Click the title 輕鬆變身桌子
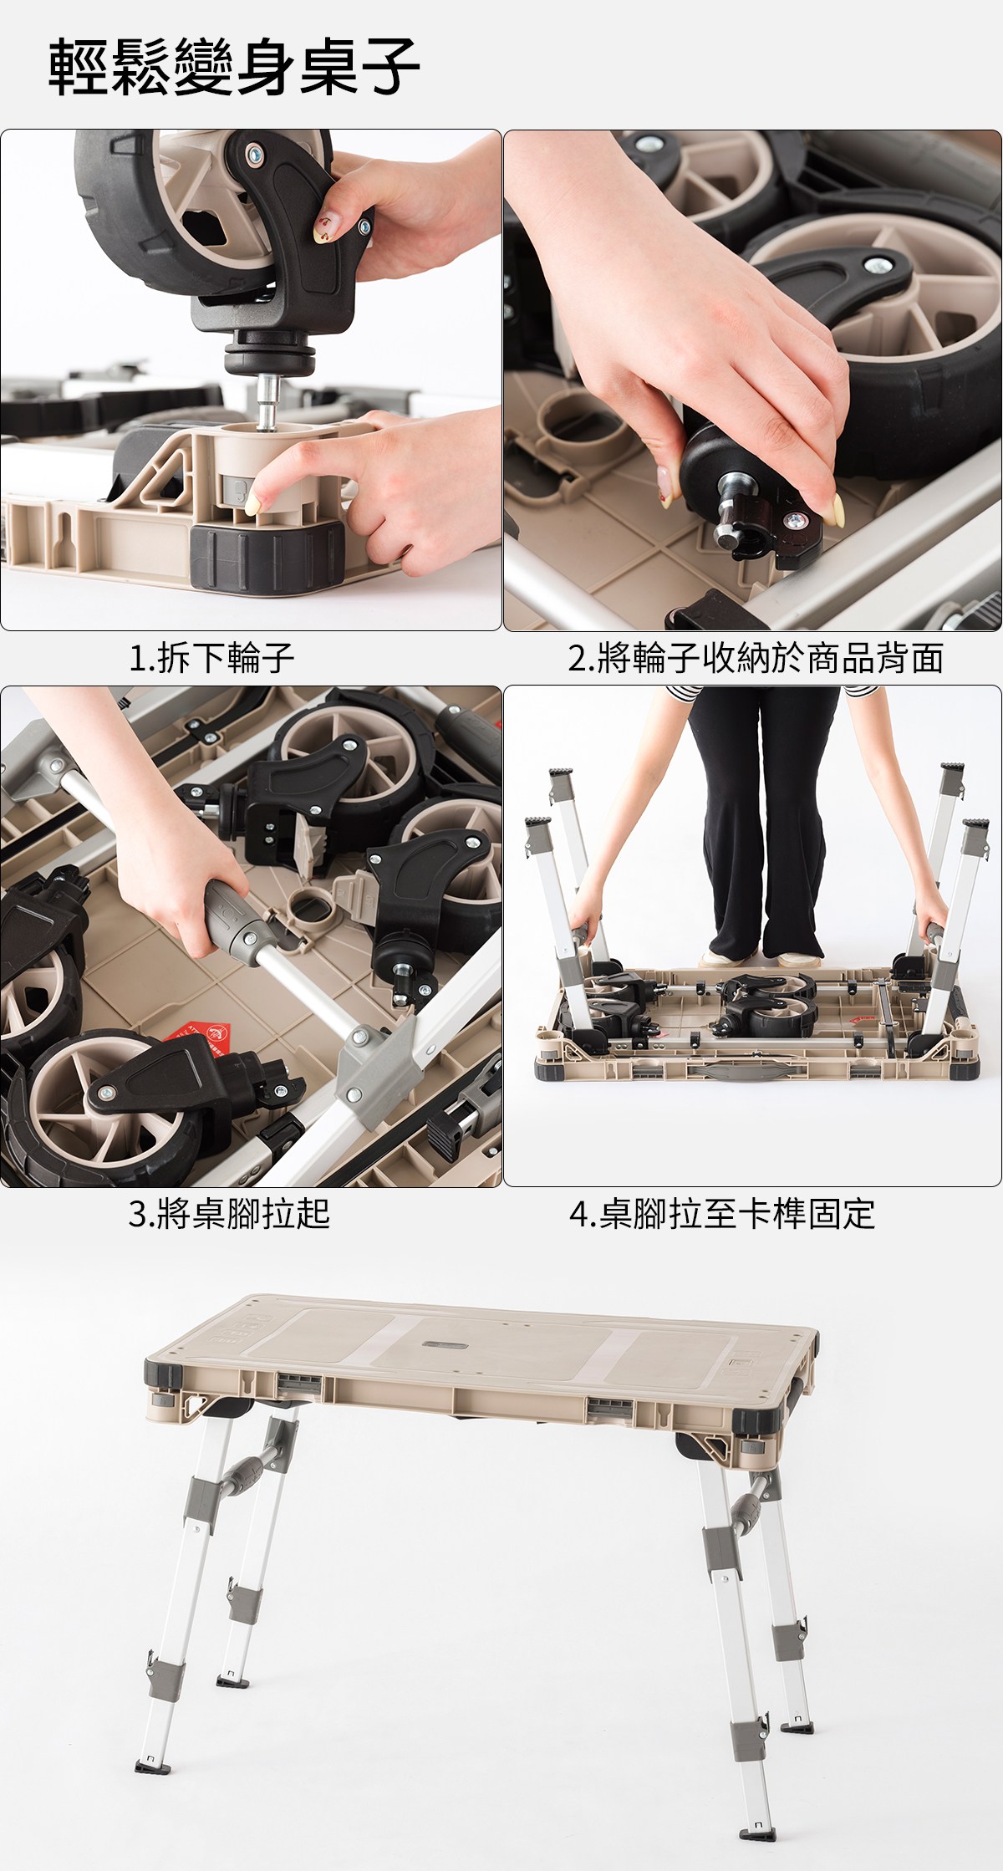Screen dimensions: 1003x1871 coord(233,66)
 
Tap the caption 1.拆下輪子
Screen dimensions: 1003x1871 coord(211,658)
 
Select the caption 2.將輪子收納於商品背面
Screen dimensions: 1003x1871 coord(756,658)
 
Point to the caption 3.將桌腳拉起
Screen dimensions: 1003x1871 coord(229,1213)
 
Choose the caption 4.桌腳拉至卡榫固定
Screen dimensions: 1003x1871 coord(722,1213)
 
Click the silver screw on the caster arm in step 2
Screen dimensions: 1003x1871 coord(876,266)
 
